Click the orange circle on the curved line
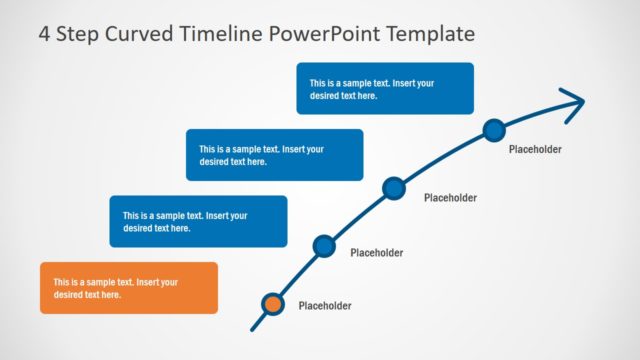click(273, 305)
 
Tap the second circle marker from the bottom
click(323, 245)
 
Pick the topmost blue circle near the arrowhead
click(494, 129)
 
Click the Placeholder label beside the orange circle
click(325, 306)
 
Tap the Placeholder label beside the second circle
click(376, 253)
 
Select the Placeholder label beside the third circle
click(450, 198)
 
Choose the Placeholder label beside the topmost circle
click(535, 149)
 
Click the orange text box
click(128, 288)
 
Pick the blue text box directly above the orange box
click(198, 221)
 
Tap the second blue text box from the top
click(274, 155)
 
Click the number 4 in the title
click(44, 34)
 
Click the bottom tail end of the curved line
click(253, 327)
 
